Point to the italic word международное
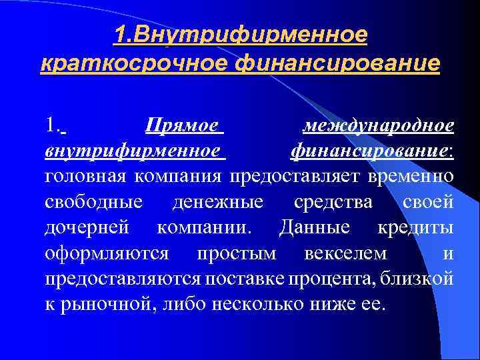point(378,127)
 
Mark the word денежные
point(217,202)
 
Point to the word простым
point(231,253)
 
